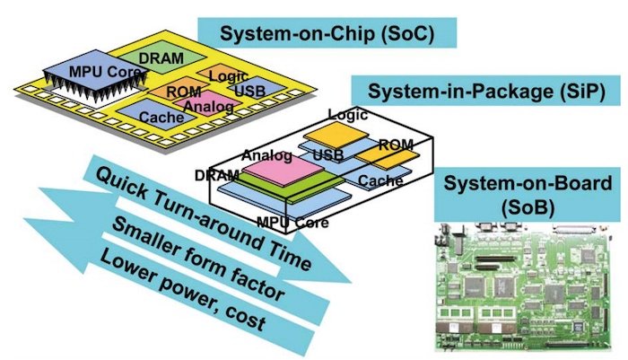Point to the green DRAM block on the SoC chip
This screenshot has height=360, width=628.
click(161, 57)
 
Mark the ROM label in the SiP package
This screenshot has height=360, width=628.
click(395, 144)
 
